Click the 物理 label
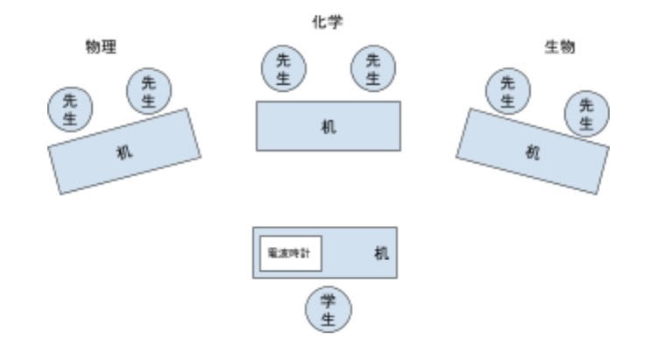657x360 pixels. point(101,47)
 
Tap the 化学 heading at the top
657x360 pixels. point(328,21)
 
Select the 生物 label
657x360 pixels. point(560,47)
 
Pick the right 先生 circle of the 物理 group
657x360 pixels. point(149,91)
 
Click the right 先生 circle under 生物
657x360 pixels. point(586,114)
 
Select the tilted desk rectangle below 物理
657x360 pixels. point(124,151)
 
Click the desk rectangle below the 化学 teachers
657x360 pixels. point(328,125)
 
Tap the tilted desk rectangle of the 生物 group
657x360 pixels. point(533,151)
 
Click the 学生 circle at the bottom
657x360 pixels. point(328,310)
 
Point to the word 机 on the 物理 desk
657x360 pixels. point(124,152)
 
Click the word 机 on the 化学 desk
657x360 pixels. point(328,126)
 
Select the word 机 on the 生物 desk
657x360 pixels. point(533,152)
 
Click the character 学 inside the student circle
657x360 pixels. point(328,301)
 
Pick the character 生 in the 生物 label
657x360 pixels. point(553,47)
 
